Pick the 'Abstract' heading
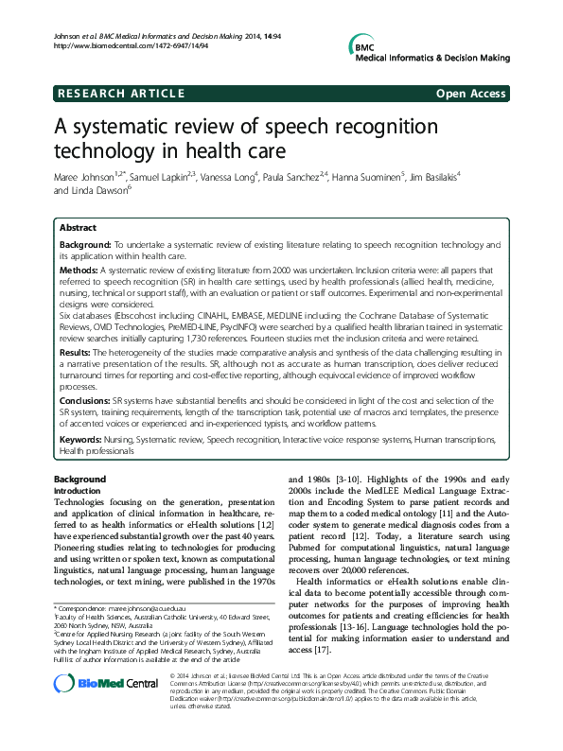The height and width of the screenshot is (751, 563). tap(78, 228)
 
